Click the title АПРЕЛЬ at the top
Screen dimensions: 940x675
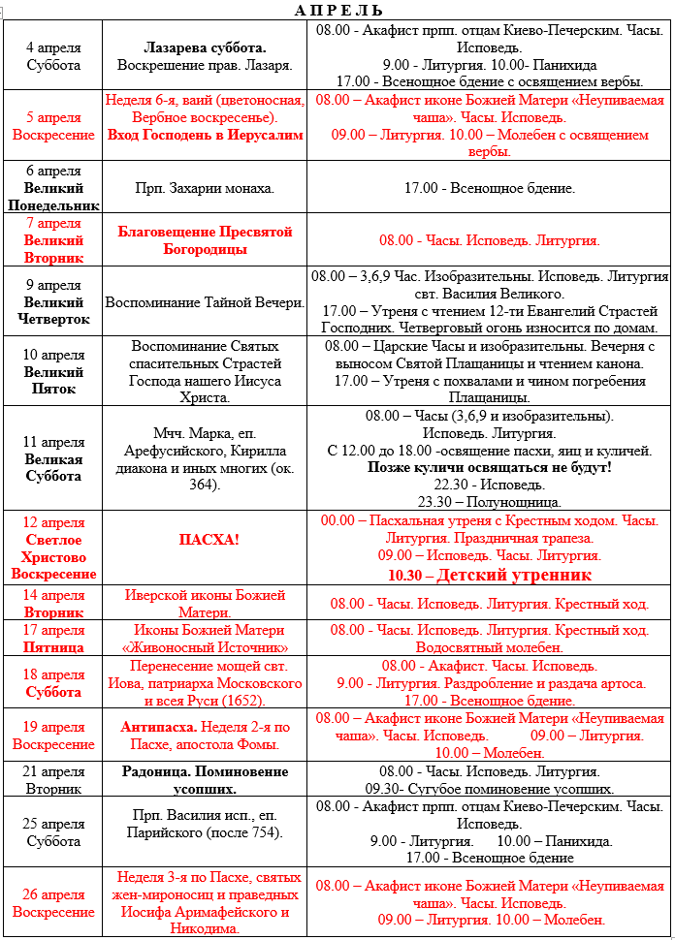pyautogui.click(x=337, y=10)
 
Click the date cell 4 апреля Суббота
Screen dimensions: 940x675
pyautogui.click(x=53, y=56)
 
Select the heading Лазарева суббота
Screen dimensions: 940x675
pyautogui.click(x=205, y=47)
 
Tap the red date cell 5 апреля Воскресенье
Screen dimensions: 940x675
pyautogui.click(x=53, y=126)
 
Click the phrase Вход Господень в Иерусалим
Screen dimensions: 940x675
pyautogui.click(x=205, y=136)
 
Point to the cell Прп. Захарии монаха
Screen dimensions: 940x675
pyautogui.click(x=205, y=188)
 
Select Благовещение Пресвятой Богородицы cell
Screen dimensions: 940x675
pyautogui.click(x=205, y=240)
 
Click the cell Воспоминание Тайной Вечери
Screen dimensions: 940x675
pyautogui.click(x=205, y=302)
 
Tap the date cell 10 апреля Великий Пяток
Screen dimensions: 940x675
pyautogui.click(x=53, y=372)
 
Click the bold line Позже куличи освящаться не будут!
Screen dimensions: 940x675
pyautogui.click(x=489, y=467)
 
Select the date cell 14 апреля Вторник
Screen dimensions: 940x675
pyautogui.click(x=53, y=604)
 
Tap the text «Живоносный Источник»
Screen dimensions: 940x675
pyautogui.click(x=205, y=647)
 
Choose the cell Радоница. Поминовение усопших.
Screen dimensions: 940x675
pyautogui.click(x=205, y=780)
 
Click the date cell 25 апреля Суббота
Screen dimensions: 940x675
pyautogui.click(x=53, y=831)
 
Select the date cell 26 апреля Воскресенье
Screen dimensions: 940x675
pyautogui.click(x=53, y=903)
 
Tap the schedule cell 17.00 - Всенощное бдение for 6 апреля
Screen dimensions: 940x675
pyautogui.click(x=489, y=188)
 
